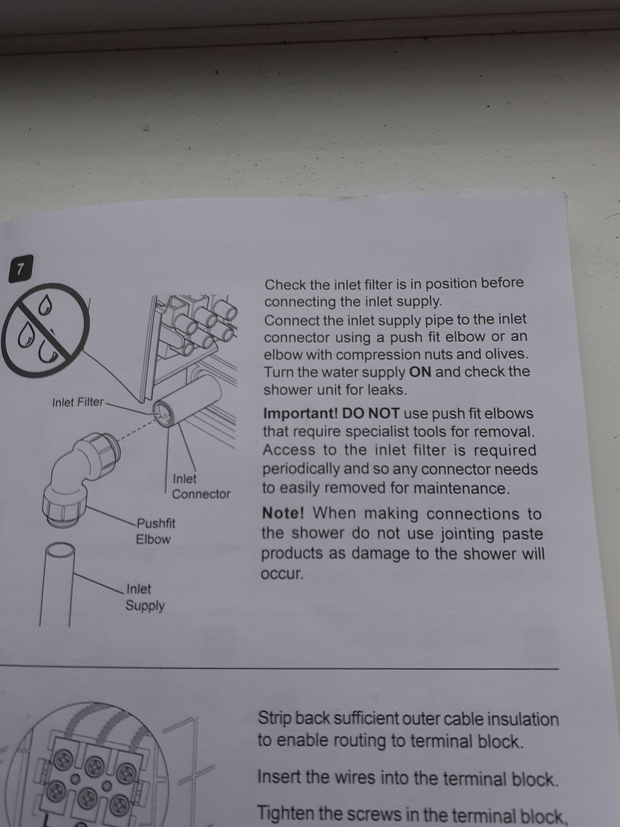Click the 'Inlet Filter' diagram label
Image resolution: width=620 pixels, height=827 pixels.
78,402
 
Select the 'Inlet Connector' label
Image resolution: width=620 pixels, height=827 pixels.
201,486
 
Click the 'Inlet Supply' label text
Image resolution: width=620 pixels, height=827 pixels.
145,597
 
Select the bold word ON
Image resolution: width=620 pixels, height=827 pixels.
420,372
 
